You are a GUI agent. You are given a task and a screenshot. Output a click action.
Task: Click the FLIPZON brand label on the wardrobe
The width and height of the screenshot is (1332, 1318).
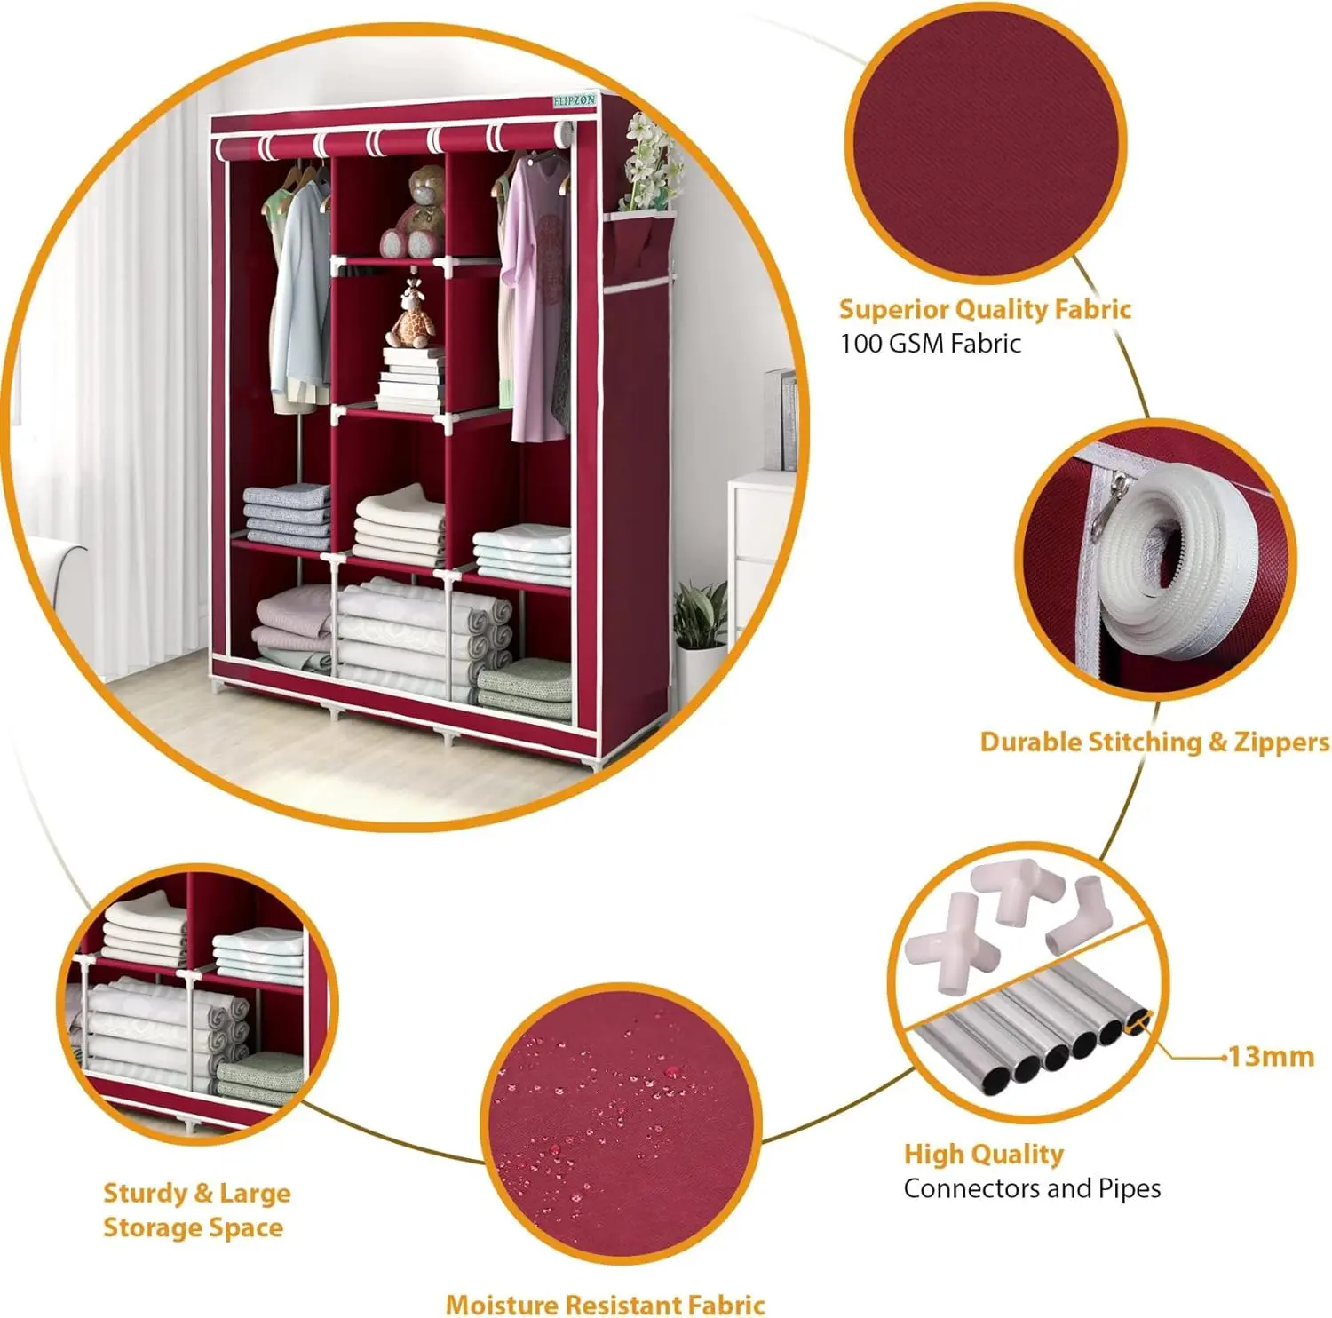[575, 101]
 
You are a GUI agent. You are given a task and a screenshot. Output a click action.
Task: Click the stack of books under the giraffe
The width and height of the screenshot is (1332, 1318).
[409, 379]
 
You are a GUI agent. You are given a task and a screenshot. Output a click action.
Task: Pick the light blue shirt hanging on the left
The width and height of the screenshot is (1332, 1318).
[297, 289]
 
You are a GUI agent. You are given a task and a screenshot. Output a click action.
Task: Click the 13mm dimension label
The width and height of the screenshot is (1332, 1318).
[1271, 1056]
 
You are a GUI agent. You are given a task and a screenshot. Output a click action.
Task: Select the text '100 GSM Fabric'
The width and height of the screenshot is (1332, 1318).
[931, 344]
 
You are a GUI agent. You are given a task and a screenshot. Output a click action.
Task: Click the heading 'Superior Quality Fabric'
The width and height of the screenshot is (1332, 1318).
[985, 309]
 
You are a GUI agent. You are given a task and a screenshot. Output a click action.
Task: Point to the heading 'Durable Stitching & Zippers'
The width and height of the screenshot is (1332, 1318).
[1154, 742]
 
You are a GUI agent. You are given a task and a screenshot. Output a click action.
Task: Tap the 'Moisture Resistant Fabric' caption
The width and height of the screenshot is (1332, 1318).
[605, 1304]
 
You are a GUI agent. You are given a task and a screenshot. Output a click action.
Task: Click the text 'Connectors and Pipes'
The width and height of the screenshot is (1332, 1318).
[1032, 1188]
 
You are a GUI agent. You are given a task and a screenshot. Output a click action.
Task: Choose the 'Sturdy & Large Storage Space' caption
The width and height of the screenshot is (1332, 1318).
[197, 1210]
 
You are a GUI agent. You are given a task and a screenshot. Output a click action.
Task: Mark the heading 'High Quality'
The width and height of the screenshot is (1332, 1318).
[984, 1154]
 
